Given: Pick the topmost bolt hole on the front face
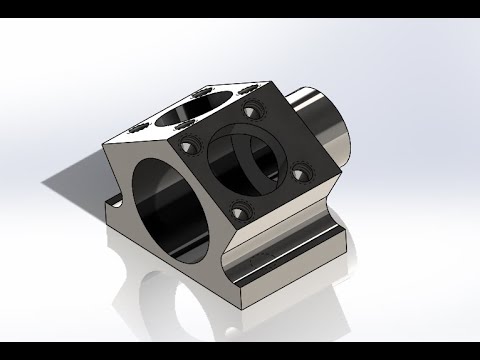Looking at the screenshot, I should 249,113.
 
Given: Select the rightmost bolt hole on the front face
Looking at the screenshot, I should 300,169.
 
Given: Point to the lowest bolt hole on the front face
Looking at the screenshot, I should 237,211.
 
